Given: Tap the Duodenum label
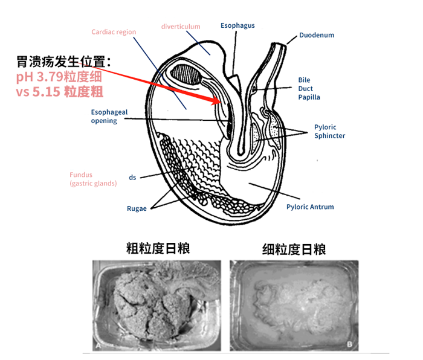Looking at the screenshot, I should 316,35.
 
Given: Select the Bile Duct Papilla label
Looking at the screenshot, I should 309,88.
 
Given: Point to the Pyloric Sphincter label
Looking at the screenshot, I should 329,131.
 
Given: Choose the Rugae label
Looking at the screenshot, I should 137,208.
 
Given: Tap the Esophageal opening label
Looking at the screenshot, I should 104,116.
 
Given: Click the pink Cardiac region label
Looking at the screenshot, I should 114,32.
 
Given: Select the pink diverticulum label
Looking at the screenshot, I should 181,27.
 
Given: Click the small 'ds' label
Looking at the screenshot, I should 132,178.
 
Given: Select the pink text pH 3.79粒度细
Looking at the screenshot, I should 59,77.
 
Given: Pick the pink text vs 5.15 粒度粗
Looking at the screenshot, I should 59,92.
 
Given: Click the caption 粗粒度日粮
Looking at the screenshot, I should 158,248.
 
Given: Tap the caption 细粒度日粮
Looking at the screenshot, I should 294,249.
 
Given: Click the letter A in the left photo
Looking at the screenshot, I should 98,346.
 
